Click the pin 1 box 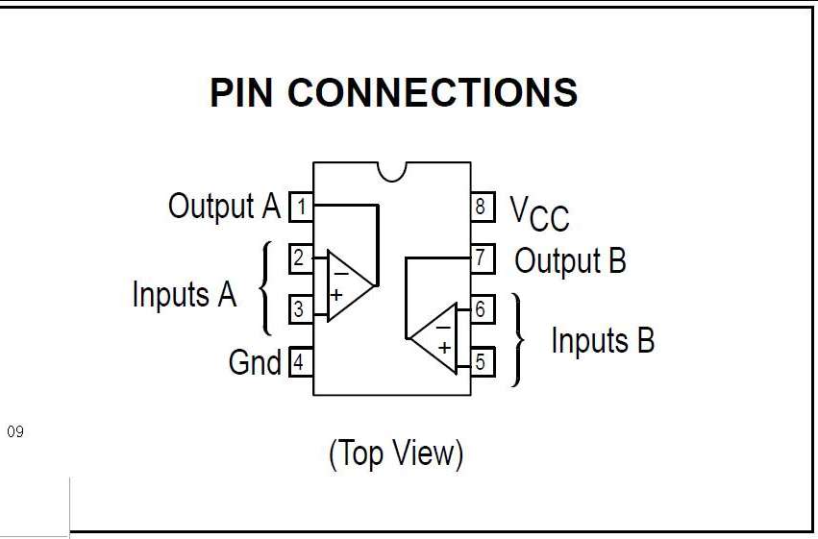click(301, 207)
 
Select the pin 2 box click(301, 257)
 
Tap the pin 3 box click(301, 309)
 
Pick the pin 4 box click(301, 362)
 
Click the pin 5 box click(482, 362)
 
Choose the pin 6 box click(482, 309)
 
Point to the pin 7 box click(482, 257)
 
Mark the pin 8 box click(482, 207)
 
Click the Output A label click(224, 206)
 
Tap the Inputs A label click(184, 294)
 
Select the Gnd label click(254, 362)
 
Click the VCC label click(539, 212)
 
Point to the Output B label click(570, 259)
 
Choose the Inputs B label click(603, 340)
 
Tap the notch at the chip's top click(392, 170)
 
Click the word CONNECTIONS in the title click(433, 93)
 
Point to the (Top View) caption click(396, 453)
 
